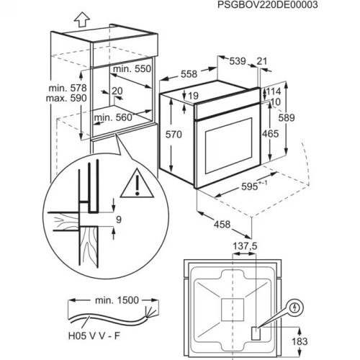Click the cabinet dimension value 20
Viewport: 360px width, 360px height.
pyautogui.click(x=117, y=91)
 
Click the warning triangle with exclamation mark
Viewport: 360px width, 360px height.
pyautogui.click(x=131, y=186)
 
